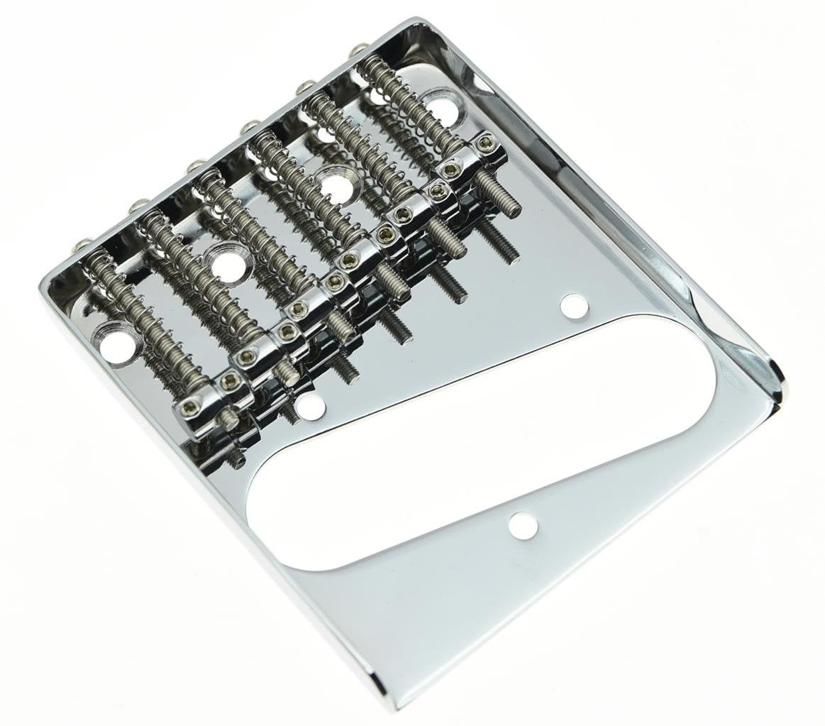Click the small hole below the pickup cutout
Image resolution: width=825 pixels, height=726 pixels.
pos(523,525)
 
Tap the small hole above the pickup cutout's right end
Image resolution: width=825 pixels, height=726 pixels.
pos(575,306)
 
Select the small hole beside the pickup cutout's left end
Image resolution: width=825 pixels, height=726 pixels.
pos(309,405)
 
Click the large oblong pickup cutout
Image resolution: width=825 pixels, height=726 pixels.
pos(482,440)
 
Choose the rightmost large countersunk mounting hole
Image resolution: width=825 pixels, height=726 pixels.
pos(443,106)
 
